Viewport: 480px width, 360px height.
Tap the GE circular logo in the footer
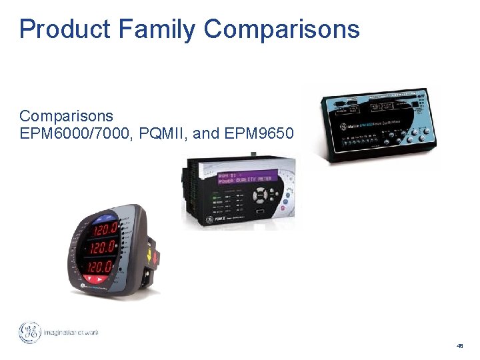click(x=30, y=333)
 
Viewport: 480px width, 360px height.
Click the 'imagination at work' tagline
click(x=71, y=333)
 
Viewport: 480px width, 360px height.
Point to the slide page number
click(x=459, y=346)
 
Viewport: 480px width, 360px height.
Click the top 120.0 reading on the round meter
click(x=100, y=231)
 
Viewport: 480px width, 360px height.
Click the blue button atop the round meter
click(x=104, y=218)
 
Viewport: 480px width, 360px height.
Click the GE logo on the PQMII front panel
click(x=209, y=219)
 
